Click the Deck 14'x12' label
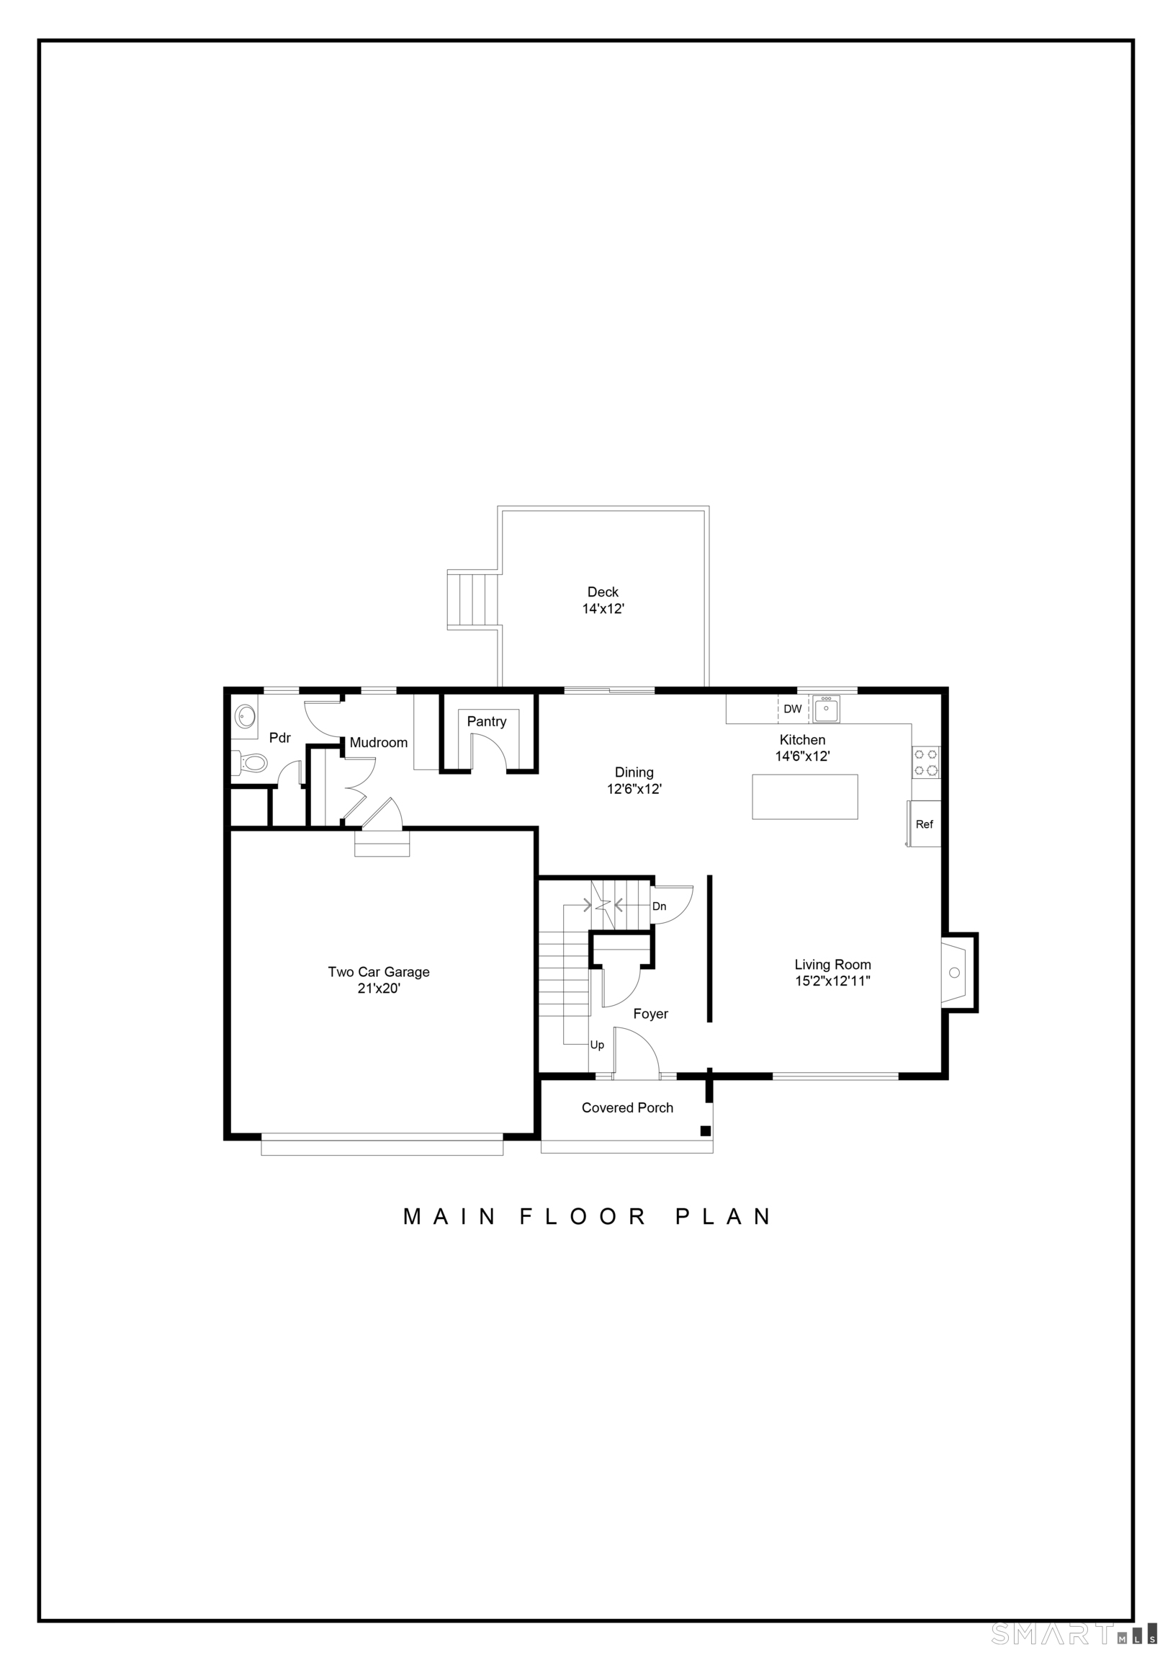(603, 600)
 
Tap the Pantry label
(486, 721)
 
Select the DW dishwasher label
(793, 709)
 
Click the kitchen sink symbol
(826, 709)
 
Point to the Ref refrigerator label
(925, 824)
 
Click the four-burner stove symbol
(927, 762)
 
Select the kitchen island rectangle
(805, 797)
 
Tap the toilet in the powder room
(250, 762)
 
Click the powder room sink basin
(245, 716)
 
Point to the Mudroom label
(379, 743)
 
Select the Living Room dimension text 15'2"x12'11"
(832, 981)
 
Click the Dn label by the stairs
(659, 906)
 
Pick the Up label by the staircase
(597, 1045)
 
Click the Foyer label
(650, 1014)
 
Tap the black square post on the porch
(706, 1130)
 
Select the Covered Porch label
(627, 1107)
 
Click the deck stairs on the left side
(472, 599)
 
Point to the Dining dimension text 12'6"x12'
(634, 789)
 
